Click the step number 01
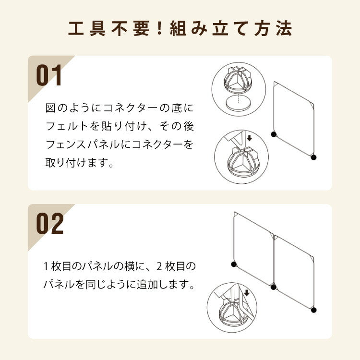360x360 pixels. [x=49, y=76]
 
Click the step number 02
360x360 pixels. [x=50, y=224]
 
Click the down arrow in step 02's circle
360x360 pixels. [x=247, y=293]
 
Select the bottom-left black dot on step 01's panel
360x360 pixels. [x=274, y=134]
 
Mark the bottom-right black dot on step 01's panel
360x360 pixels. [x=313, y=157]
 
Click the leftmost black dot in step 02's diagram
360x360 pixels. [x=234, y=264]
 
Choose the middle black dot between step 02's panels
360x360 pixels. [x=274, y=287]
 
